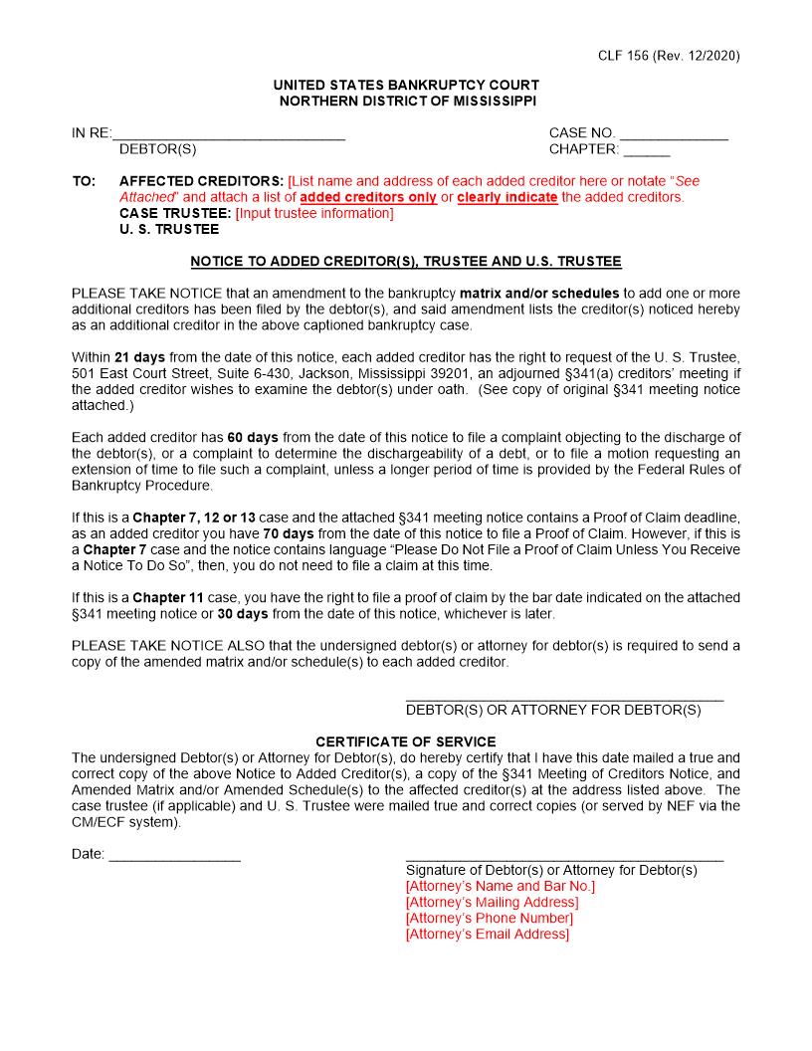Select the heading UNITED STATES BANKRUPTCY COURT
click(406, 86)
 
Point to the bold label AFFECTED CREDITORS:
click(201, 181)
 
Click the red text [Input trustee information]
click(314, 213)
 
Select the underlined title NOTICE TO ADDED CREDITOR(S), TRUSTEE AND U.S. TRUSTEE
click(406, 262)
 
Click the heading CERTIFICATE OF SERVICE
click(406, 742)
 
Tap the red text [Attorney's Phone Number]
click(489, 918)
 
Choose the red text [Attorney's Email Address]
click(487, 934)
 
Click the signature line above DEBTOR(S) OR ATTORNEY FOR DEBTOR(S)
click(564, 700)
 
